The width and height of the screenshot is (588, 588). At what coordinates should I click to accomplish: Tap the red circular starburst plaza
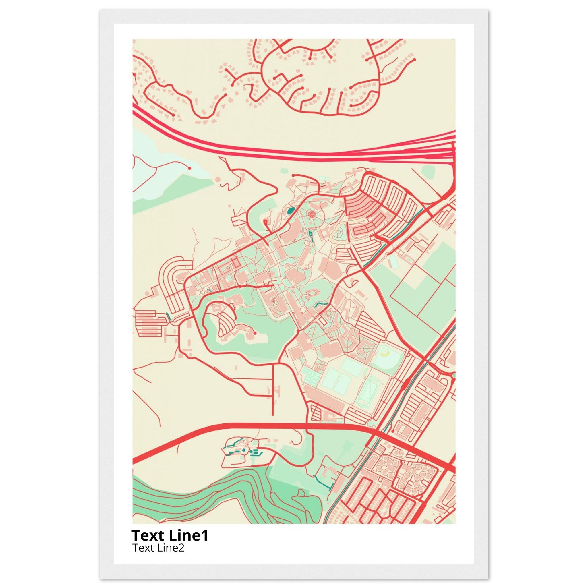[311, 214]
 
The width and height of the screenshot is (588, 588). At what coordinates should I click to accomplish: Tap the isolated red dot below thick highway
[393, 431]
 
